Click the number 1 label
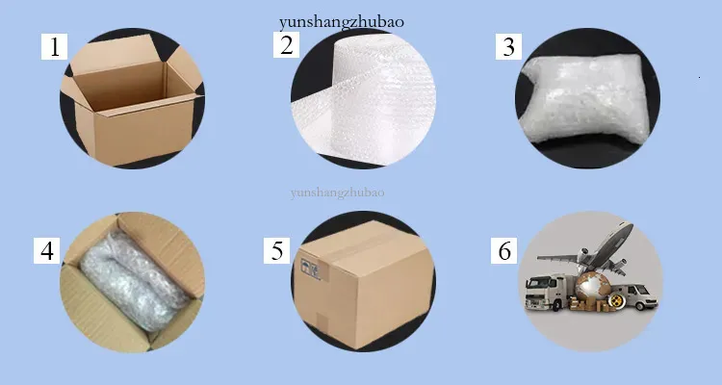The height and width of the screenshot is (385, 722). [x=54, y=46]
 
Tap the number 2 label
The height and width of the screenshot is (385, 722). [x=287, y=44]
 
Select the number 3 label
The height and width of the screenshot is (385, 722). [x=509, y=46]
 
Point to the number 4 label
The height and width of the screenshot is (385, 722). [x=47, y=250]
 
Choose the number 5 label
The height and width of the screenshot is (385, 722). [x=276, y=250]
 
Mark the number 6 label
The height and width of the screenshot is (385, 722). [x=504, y=250]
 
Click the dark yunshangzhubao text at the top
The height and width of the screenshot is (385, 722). [x=341, y=22]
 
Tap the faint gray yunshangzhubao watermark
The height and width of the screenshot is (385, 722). [x=338, y=192]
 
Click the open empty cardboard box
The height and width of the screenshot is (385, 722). [x=132, y=100]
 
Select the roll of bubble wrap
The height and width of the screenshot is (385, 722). [x=366, y=99]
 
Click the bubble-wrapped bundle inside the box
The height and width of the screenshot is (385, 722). [x=134, y=280]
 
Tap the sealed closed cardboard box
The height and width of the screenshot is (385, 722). [x=364, y=283]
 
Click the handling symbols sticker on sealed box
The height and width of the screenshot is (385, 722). [x=310, y=269]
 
